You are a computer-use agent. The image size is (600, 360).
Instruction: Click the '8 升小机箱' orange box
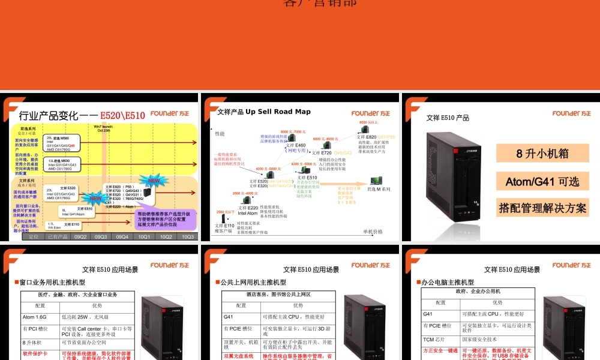[x=542, y=153]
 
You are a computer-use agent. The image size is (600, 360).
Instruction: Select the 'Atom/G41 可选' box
[x=542, y=181]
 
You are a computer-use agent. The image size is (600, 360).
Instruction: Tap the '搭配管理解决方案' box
[x=542, y=208]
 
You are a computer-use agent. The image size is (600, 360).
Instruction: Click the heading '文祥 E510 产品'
[x=448, y=118]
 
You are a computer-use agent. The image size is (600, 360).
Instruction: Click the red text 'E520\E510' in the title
[x=122, y=115]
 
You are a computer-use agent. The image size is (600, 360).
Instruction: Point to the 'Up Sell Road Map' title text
[x=278, y=112]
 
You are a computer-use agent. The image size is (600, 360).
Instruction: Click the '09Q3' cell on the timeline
[x=101, y=236]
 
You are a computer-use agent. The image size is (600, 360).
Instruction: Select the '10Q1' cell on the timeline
[x=144, y=236]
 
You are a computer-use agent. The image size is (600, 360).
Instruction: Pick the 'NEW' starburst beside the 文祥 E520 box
[x=96, y=198]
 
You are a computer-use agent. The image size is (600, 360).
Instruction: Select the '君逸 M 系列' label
[x=379, y=189]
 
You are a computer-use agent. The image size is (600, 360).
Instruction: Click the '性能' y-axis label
[x=220, y=133]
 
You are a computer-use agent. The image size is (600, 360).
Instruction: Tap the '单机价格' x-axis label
[x=373, y=232]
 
